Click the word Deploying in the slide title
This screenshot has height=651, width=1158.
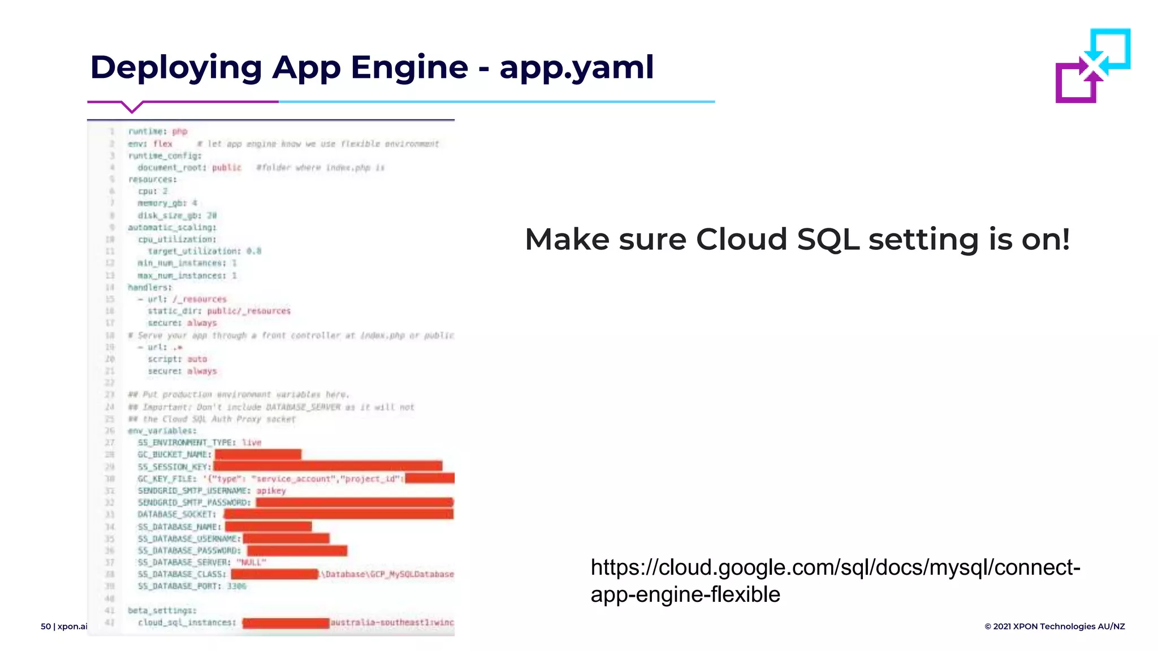pos(176,68)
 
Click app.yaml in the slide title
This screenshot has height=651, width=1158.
pos(576,68)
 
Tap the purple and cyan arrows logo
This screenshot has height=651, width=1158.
pos(1092,66)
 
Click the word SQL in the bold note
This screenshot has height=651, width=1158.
pos(828,239)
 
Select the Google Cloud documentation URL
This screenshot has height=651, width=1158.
pos(835,580)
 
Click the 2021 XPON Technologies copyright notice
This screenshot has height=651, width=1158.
pos(1055,626)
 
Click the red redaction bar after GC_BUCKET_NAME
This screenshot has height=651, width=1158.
pos(258,454)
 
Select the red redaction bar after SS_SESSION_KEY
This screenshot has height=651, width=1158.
pos(327,466)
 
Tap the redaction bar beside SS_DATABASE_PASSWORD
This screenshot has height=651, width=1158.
pos(297,550)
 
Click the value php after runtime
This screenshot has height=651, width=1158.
pos(180,132)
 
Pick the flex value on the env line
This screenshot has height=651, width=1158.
pos(163,144)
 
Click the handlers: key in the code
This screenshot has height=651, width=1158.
pos(150,287)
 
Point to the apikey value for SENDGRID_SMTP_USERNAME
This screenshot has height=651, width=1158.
pos(271,491)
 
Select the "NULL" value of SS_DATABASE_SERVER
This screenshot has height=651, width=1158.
pos(251,562)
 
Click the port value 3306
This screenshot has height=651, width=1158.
pos(237,586)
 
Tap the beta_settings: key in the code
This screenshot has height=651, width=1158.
pos(162,610)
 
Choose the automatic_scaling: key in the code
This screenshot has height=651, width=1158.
pos(172,227)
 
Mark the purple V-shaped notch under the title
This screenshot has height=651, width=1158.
pos(132,107)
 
